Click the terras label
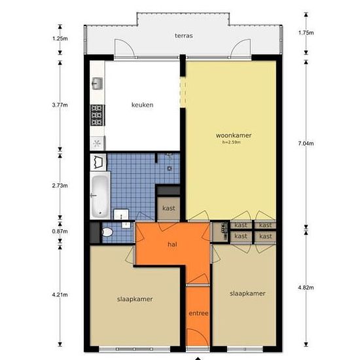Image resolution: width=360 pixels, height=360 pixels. tap(184, 36)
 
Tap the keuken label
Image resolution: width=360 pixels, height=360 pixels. tap(142, 105)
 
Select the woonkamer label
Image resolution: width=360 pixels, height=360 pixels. tap(234, 135)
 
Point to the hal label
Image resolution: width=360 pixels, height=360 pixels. tap(172, 244)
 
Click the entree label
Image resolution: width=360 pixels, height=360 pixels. tap(198, 313)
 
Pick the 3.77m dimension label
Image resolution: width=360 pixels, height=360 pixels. tap(60, 105)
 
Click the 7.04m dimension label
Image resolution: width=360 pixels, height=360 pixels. tap(306, 143)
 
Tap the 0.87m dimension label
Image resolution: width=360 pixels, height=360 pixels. tap(60, 232)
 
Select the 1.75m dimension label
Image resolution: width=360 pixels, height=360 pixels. tap(306, 33)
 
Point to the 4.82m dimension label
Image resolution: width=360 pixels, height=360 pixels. tap(306, 287)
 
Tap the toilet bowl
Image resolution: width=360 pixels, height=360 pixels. tap(107, 232)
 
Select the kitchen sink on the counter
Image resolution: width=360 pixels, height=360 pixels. tap(97, 83)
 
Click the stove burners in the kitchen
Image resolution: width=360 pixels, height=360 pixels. tap(97, 115)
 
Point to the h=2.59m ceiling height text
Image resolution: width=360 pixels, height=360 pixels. tap(232, 142)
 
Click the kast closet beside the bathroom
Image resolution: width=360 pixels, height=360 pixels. tap(169, 208)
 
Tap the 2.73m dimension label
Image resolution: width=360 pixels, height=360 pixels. tap(60, 185)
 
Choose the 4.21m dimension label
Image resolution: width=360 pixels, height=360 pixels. tap(60, 295)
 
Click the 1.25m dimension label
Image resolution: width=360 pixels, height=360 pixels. tap(60, 39)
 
